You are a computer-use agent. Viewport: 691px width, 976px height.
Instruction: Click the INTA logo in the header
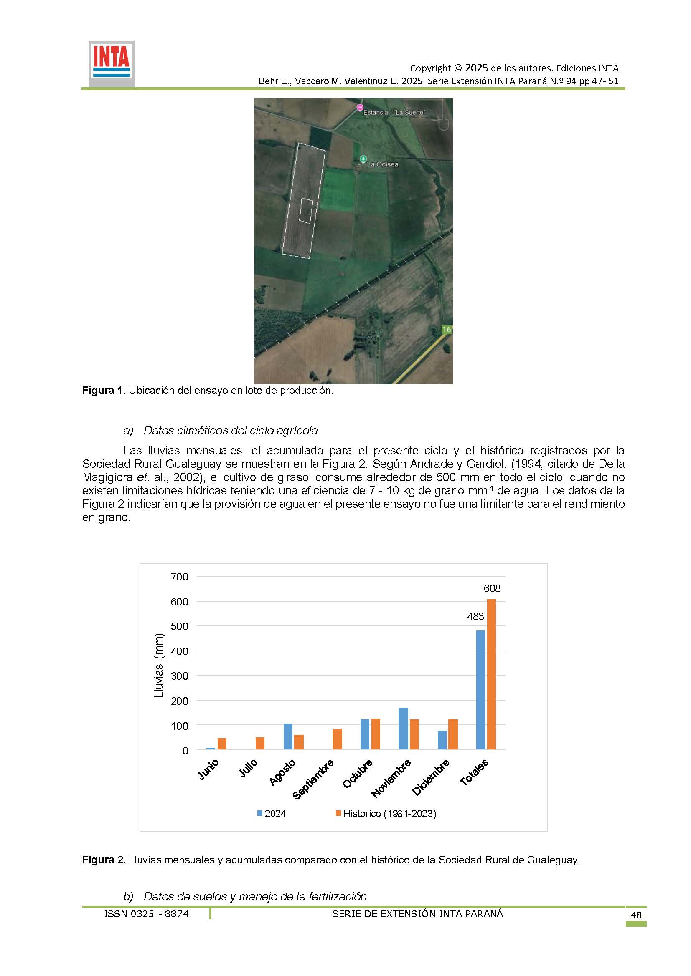click(112, 64)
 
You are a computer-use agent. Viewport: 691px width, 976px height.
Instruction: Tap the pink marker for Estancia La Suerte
click(360, 107)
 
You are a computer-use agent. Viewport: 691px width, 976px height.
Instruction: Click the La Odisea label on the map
click(382, 164)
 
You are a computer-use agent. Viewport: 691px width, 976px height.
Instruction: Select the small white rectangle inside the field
click(306, 210)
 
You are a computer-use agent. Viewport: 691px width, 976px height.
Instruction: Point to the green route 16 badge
click(446, 330)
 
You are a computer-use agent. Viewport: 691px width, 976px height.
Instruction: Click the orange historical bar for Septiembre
click(338, 739)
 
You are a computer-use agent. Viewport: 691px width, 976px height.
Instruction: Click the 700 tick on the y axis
click(179, 577)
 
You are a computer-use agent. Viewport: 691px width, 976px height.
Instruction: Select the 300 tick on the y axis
click(179, 676)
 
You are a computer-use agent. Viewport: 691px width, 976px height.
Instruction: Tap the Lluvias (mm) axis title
click(159, 666)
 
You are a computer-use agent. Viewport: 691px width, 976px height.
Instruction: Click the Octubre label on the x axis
click(358, 774)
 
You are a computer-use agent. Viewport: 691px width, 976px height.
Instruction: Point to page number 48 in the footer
click(636, 915)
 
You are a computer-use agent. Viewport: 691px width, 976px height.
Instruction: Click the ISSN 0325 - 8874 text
click(146, 913)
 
